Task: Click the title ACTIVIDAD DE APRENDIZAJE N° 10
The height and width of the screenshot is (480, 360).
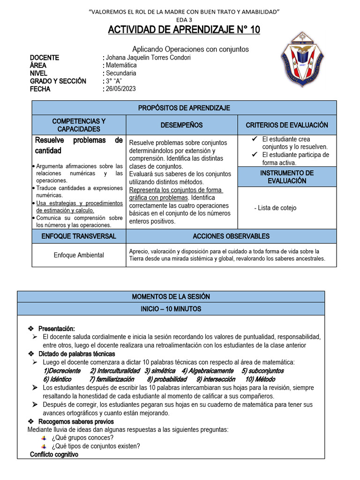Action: tap(184, 30)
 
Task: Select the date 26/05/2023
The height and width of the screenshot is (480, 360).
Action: tap(120, 89)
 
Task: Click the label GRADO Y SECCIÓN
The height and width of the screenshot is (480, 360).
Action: tap(58, 81)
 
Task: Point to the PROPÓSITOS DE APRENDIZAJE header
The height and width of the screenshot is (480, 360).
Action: tap(184, 108)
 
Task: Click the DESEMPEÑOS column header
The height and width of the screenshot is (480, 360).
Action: tap(182, 125)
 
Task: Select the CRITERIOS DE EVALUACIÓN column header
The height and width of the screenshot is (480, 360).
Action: tap(287, 125)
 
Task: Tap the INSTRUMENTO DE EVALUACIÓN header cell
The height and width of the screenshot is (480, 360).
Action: tap(287, 177)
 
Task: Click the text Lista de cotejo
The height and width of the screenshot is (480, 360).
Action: tap(277, 208)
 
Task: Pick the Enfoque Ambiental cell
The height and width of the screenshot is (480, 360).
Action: tap(79, 255)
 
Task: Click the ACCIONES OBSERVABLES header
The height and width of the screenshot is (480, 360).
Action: tap(231, 236)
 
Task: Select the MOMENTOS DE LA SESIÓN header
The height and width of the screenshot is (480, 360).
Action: tap(171, 297)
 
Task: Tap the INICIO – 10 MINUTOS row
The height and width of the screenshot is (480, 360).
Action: tap(171, 309)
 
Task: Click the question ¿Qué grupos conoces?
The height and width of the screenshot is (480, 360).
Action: tap(82, 438)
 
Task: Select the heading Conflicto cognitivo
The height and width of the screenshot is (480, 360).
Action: tap(54, 455)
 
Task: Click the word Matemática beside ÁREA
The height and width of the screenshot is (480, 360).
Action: tap(121, 66)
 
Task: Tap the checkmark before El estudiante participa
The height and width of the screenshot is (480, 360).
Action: tap(254, 154)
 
